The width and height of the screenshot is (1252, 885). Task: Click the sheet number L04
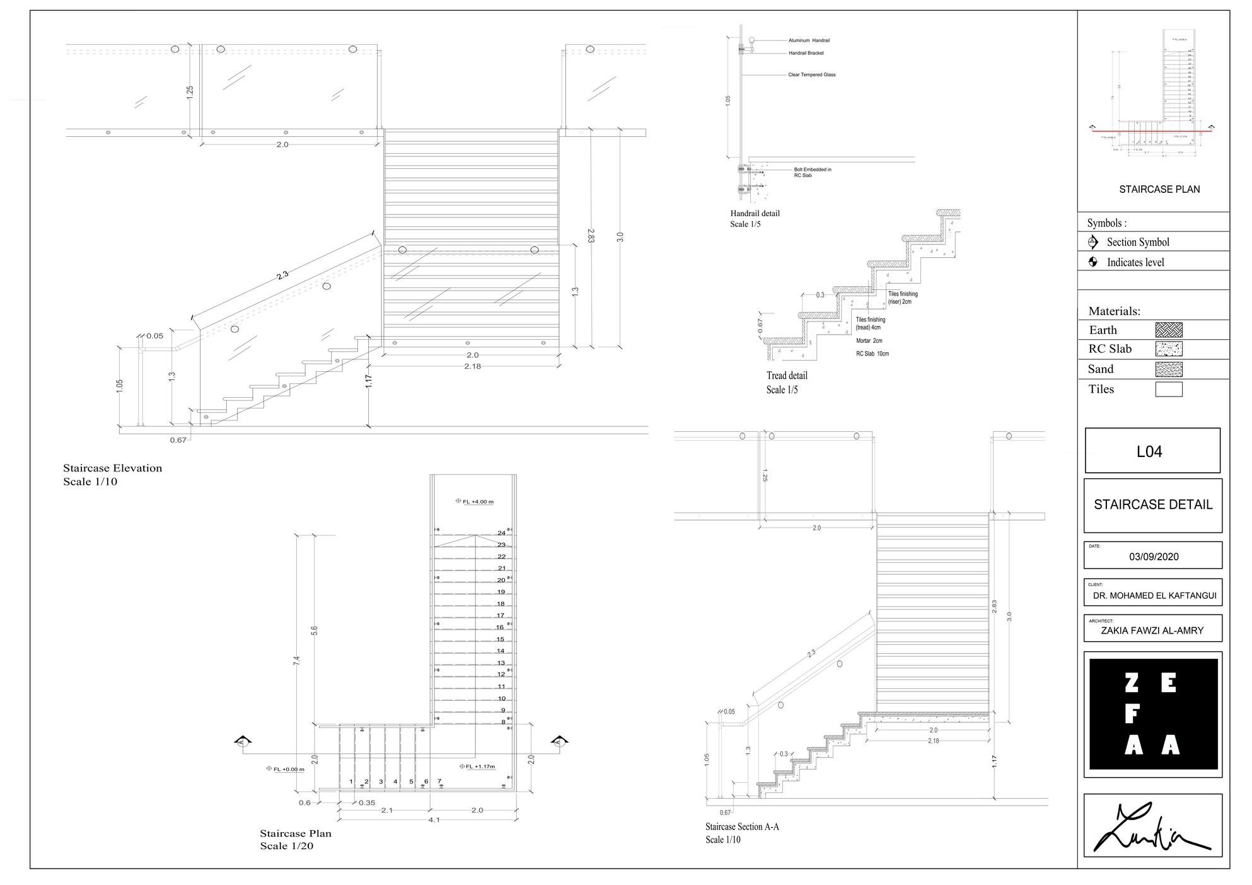click(x=1149, y=451)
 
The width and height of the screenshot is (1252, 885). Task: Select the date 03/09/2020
click(x=1154, y=557)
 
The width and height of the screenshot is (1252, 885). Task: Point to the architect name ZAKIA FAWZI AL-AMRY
click(x=1152, y=630)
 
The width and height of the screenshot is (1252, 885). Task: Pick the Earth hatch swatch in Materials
click(x=1168, y=330)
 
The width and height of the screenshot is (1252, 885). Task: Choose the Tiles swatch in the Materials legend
click(x=1168, y=389)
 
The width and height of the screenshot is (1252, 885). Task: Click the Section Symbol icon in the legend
click(x=1093, y=242)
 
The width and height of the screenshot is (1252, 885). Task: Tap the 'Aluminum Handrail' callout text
click(x=809, y=40)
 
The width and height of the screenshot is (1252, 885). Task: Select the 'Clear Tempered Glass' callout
click(x=811, y=75)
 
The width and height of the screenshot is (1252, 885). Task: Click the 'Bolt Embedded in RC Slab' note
click(x=812, y=172)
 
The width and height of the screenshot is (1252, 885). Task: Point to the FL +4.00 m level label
click(x=478, y=502)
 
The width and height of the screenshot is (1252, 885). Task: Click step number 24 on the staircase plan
click(x=501, y=533)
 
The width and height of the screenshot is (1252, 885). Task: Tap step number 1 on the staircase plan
click(x=351, y=782)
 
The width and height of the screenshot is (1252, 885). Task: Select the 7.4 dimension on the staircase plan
click(x=297, y=660)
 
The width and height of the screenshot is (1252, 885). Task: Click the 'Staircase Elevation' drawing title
click(x=112, y=468)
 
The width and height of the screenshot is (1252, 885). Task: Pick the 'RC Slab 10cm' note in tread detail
click(x=872, y=354)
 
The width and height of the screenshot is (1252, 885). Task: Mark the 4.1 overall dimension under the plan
click(x=434, y=819)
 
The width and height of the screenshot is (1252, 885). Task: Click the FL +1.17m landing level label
click(x=480, y=766)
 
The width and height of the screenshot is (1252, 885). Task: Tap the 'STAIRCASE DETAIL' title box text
click(x=1153, y=505)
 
